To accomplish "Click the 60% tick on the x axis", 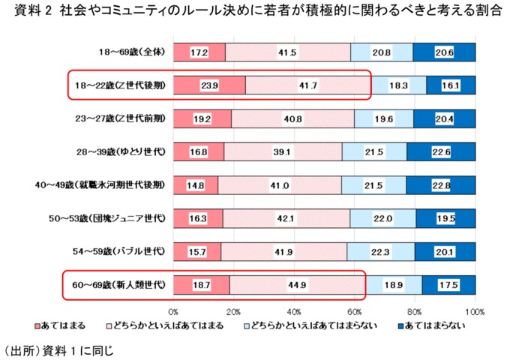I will click(x=354, y=310).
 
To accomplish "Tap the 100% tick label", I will click(x=475, y=310).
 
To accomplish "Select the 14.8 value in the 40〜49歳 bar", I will click(x=195, y=185).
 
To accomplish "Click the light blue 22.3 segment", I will click(x=380, y=251).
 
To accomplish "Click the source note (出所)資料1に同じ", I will click(x=57, y=349).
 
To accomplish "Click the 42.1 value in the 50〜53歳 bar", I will click(x=286, y=218).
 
